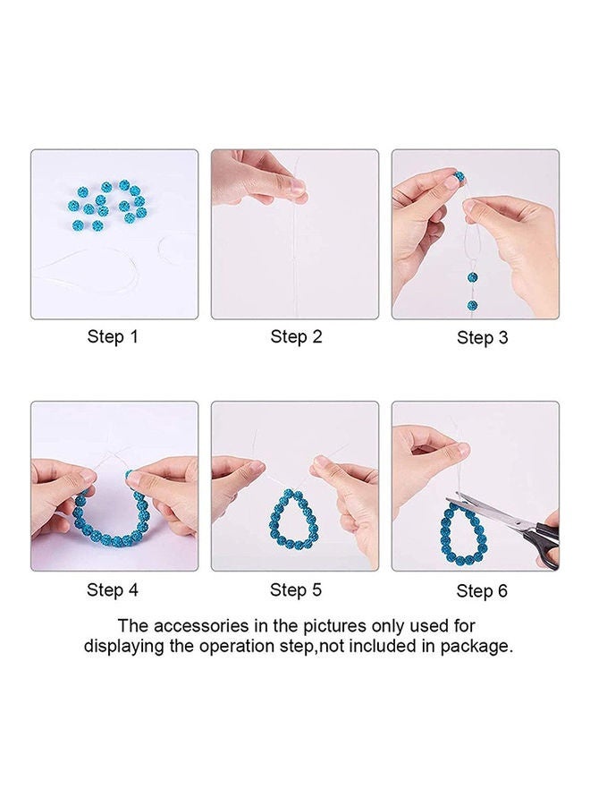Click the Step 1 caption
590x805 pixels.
point(113,337)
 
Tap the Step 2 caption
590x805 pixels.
point(296,337)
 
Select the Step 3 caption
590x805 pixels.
point(482,338)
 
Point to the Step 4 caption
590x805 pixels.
point(113,589)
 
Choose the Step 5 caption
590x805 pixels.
point(296,589)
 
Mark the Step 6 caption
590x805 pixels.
point(482,590)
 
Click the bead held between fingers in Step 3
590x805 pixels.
point(459,179)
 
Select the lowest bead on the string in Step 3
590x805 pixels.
point(472,305)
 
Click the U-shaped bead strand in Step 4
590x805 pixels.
point(112,519)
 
